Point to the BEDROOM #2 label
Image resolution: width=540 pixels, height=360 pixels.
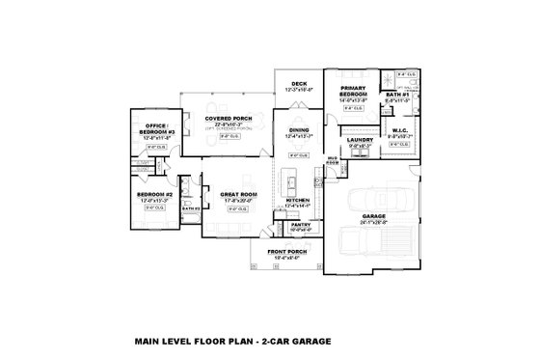click(154, 194)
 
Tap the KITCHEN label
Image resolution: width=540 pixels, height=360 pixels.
click(297, 200)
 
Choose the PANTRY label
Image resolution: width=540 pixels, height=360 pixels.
click(299, 225)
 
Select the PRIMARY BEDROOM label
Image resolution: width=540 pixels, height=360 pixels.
click(350, 91)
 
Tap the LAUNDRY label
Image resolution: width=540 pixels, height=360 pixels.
click(360, 140)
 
